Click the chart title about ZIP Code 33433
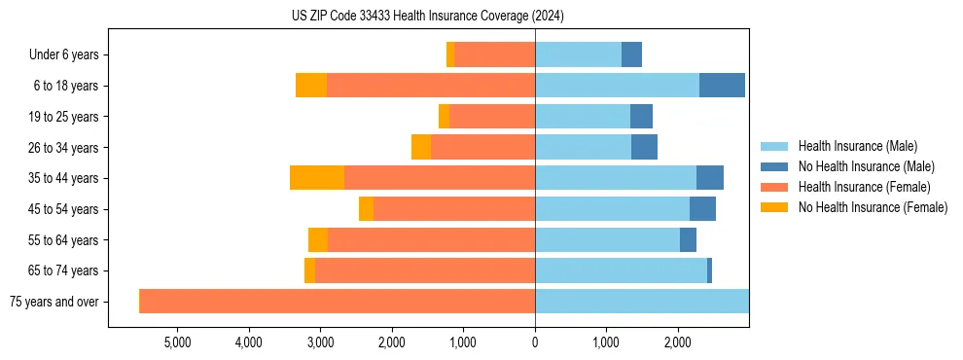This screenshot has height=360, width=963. coord(427,16)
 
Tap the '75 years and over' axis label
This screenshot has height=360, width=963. coord(53,302)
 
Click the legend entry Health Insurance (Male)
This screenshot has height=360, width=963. coord(857,146)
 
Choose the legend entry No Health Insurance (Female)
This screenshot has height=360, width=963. coord(873,207)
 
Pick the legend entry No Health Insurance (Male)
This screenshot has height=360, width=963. coord(866,166)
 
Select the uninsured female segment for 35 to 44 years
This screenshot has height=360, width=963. coord(317,178)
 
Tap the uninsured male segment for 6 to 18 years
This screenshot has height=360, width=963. coord(722,86)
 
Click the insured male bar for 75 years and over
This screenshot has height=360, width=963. coord(642,302)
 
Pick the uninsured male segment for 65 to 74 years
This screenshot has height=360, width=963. coord(709,270)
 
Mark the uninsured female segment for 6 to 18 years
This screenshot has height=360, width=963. coord(311,86)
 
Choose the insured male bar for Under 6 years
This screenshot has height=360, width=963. coord(578,54)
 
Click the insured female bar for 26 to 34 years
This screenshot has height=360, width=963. coord(482,147)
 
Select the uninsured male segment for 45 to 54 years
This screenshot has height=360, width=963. coord(702,209)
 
